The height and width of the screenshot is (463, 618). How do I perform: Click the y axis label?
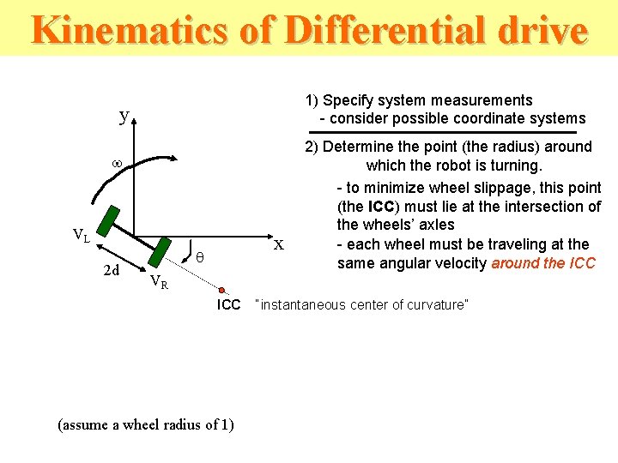[124, 115]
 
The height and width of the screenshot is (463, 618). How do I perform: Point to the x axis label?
[278, 244]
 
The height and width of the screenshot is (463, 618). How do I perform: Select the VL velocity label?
[82, 235]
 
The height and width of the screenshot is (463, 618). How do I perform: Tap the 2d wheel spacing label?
[111, 272]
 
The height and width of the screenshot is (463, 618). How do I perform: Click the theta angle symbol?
[199, 256]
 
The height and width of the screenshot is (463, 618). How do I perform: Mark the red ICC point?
[222, 289]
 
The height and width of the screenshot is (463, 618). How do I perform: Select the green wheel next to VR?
[159, 252]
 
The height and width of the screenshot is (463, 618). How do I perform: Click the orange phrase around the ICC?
[542, 263]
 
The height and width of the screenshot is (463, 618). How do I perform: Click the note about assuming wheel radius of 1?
[145, 424]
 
